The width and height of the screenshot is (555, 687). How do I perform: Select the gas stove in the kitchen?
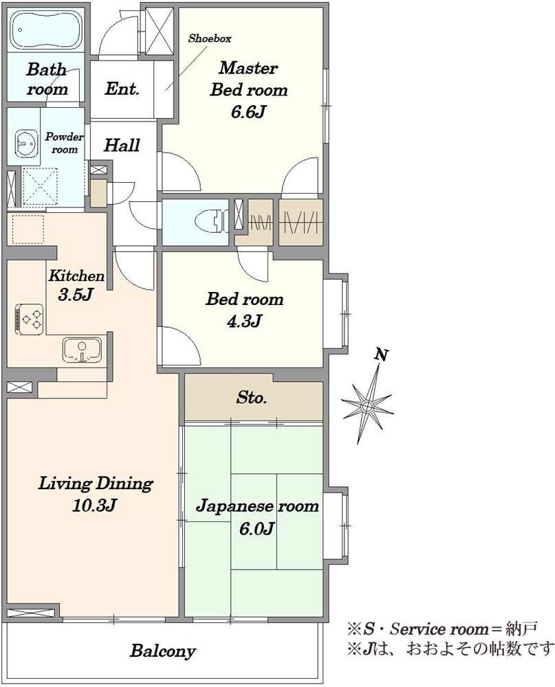(30, 319)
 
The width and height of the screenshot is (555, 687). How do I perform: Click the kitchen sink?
(82, 349)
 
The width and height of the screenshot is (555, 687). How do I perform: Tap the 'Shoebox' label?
(210, 38)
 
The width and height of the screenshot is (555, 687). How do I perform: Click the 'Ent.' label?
(122, 89)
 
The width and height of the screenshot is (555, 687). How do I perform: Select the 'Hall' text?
(122, 145)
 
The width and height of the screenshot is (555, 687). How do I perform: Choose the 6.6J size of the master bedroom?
(248, 112)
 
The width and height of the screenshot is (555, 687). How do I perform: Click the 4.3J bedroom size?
(244, 321)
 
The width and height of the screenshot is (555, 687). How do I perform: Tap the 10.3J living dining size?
(95, 505)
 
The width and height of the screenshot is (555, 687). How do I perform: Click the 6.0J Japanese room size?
(257, 528)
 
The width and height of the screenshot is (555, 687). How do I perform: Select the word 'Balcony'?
(163, 651)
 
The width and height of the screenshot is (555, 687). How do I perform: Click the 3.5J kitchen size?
(76, 295)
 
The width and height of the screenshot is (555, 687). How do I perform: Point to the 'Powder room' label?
(65, 143)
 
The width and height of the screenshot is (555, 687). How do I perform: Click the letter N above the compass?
(382, 355)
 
